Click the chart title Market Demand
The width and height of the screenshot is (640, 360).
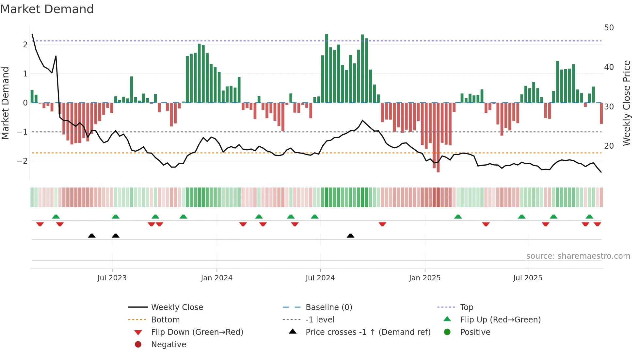point(47,9)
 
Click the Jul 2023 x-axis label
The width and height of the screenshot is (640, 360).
point(112,278)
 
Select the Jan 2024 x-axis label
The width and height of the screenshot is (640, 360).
point(216,278)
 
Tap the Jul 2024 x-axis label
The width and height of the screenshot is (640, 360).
point(320,278)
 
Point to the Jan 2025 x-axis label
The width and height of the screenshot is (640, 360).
point(424,278)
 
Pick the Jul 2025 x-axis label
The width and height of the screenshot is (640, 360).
point(527,278)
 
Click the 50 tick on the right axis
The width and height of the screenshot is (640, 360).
point(609,28)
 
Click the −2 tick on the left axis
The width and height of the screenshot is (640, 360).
point(22,161)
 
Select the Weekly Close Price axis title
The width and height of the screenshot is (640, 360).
point(626,103)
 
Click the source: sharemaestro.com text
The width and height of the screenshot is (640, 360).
point(578,256)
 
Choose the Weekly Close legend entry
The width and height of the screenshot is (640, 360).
point(177,307)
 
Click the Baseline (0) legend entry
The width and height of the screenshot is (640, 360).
point(328,307)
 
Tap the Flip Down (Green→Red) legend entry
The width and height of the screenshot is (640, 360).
point(197,332)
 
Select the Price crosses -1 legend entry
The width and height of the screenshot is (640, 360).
point(368,332)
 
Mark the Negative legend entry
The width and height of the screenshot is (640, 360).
point(168,345)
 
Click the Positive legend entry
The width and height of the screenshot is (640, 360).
point(475,332)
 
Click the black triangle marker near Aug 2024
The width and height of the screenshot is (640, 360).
point(350,236)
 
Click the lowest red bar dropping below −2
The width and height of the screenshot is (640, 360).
point(438,163)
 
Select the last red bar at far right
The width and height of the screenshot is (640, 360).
point(601,113)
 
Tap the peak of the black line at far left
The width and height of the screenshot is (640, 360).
point(32,34)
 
